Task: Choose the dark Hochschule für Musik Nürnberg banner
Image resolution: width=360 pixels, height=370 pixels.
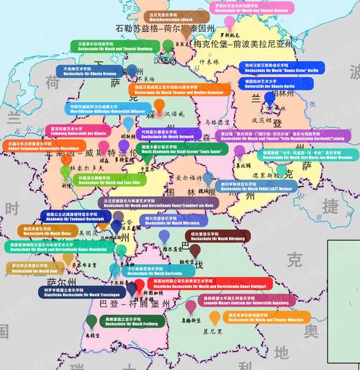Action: point(219,237)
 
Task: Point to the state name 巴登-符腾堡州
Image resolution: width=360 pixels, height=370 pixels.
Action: point(134,305)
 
